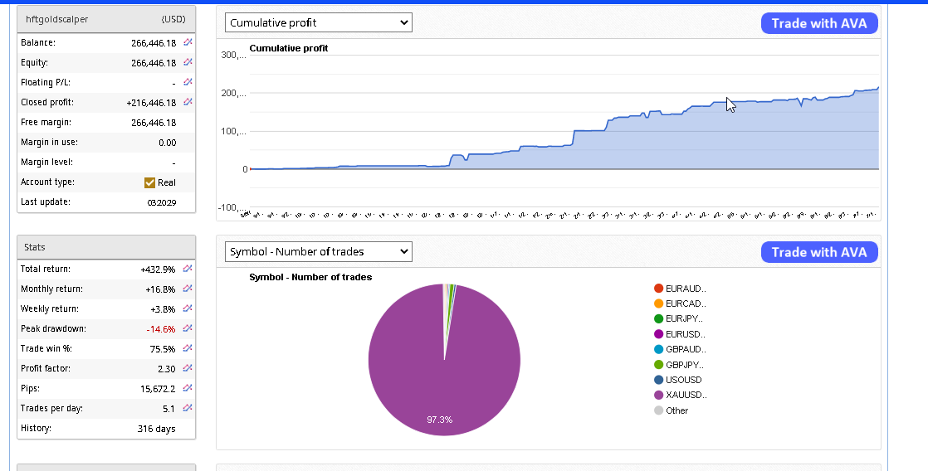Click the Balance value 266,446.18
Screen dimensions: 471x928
pyautogui.click(x=153, y=43)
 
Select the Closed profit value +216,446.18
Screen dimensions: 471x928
pyautogui.click(x=151, y=103)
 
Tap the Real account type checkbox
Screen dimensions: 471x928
pyautogui.click(x=149, y=182)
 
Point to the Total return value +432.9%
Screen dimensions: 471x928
pyautogui.click(x=158, y=269)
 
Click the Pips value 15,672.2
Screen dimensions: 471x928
pyautogui.click(x=156, y=389)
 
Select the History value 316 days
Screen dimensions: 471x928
pyautogui.click(x=156, y=429)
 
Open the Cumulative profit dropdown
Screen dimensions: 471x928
pyautogui.click(x=319, y=23)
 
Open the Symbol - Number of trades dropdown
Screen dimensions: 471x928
pyautogui.click(x=319, y=251)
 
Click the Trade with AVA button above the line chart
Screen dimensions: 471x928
pyautogui.click(x=818, y=23)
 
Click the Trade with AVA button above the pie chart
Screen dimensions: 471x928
pyautogui.click(x=818, y=252)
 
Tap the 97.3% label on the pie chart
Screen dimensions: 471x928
pyautogui.click(x=440, y=420)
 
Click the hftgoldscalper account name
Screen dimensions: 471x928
pyautogui.click(x=57, y=18)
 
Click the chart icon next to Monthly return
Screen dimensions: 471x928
pyautogui.click(x=188, y=289)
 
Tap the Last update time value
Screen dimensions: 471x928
pyautogui.click(x=161, y=202)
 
